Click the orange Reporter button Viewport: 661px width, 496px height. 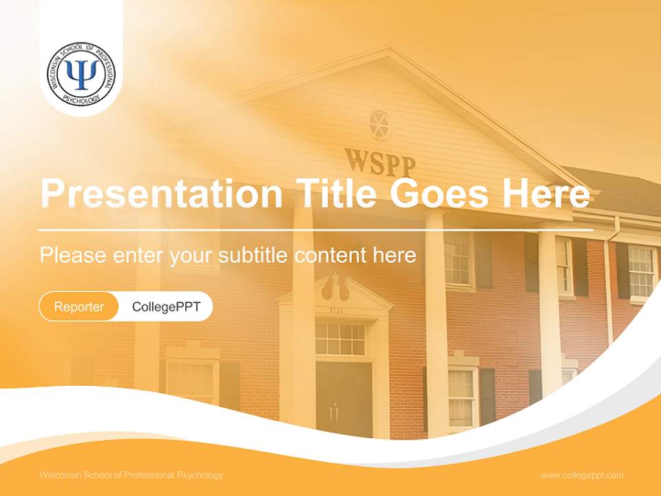(79, 307)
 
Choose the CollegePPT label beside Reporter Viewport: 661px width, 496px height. (166, 307)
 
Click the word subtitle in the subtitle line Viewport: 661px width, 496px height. (254, 256)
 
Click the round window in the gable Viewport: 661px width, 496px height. (378, 124)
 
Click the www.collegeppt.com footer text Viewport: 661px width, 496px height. (582, 475)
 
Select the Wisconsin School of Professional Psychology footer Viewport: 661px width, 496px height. (132, 475)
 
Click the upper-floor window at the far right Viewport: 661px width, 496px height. (641, 271)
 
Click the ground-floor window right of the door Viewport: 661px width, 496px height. (462, 396)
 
